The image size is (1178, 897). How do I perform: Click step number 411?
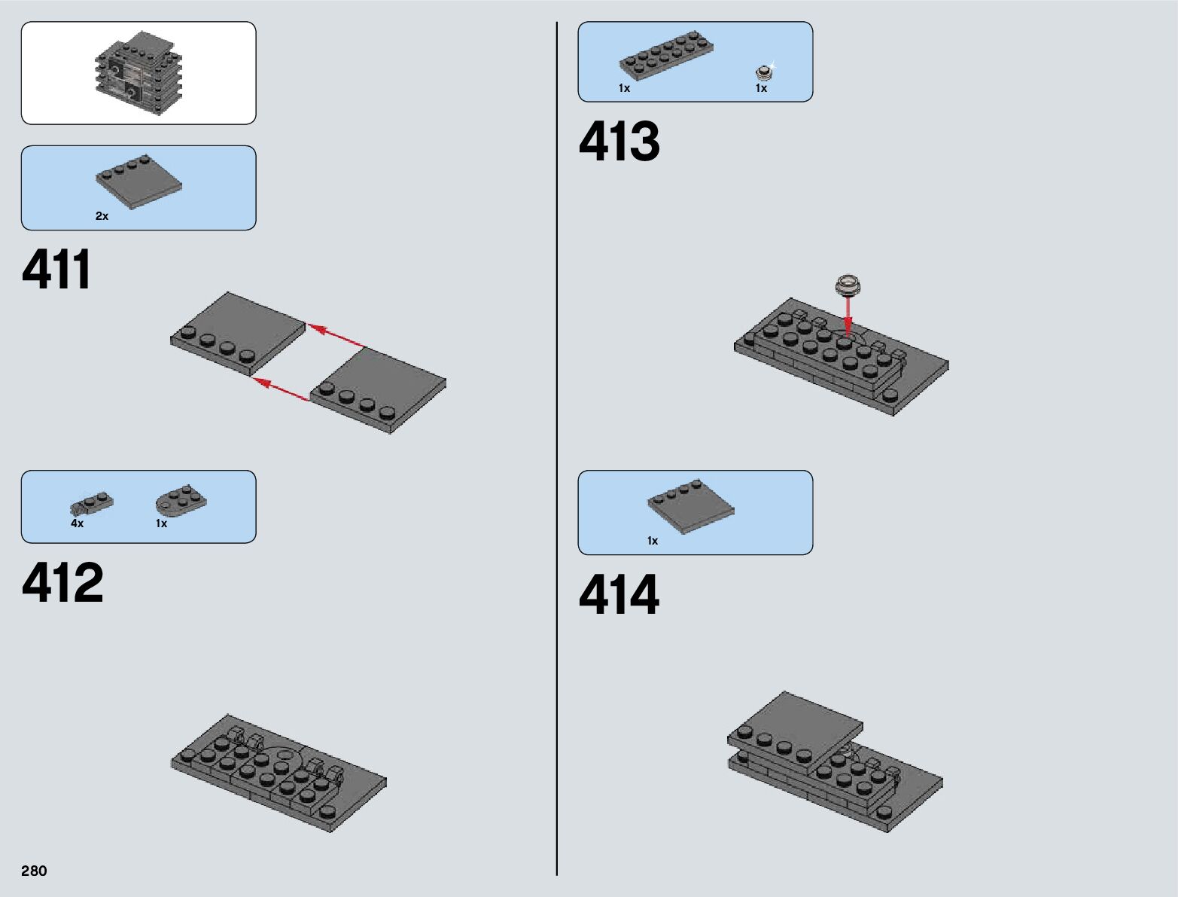57,270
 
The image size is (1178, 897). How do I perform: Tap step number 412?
62,583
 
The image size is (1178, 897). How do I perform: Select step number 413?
619,142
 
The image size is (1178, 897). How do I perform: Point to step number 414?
619,595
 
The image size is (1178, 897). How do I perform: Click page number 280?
34,871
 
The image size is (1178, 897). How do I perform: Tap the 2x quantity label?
102,216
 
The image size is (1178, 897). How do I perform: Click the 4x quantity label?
77,523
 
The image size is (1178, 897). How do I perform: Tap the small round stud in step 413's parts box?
765,72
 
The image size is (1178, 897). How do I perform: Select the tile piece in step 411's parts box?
139,182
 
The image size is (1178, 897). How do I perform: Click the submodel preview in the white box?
138,73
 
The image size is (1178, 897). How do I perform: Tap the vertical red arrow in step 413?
848,315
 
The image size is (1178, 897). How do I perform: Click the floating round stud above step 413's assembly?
848,285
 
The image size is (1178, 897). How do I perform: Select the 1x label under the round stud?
761,88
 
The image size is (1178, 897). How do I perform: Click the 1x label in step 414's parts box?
652,541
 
